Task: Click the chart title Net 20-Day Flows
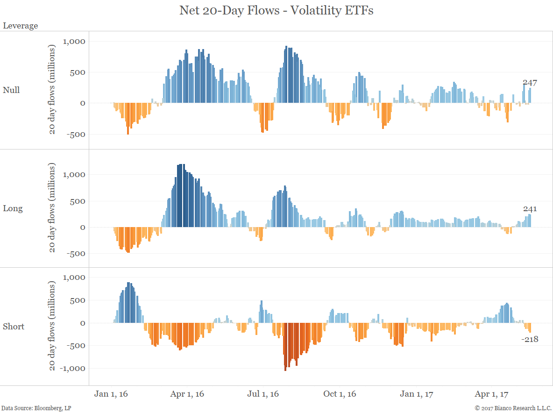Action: (276, 11)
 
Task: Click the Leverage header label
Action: (21, 26)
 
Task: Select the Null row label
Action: (11, 90)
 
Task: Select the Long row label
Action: (13, 208)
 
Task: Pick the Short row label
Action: (14, 327)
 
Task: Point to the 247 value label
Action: (530, 83)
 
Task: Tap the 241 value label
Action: (530, 209)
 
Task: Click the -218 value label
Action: (530, 339)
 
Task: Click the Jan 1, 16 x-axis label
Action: (111, 394)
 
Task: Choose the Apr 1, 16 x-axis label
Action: (187, 394)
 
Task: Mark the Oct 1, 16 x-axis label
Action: (340, 394)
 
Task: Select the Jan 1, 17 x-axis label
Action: (417, 394)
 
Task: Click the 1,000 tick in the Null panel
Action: (74, 41)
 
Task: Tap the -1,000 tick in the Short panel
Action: (72, 368)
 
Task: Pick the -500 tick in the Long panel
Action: (77, 254)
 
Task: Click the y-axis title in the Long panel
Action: (53, 208)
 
